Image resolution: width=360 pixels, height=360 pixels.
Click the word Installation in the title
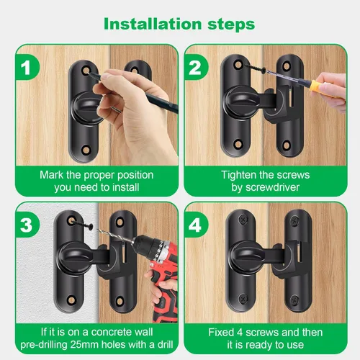[x=153, y=24]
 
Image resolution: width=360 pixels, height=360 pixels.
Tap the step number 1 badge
[x=27, y=68]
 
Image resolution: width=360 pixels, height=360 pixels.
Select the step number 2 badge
[x=196, y=68]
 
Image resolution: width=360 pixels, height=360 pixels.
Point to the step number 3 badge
[x=27, y=225]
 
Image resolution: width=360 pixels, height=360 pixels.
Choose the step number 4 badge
[x=196, y=225]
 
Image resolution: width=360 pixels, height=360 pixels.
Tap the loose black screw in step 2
[x=255, y=68]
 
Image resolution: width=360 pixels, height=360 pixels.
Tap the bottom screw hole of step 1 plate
[x=86, y=150]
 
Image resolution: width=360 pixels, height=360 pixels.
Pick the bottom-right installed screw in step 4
[x=294, y=300]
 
